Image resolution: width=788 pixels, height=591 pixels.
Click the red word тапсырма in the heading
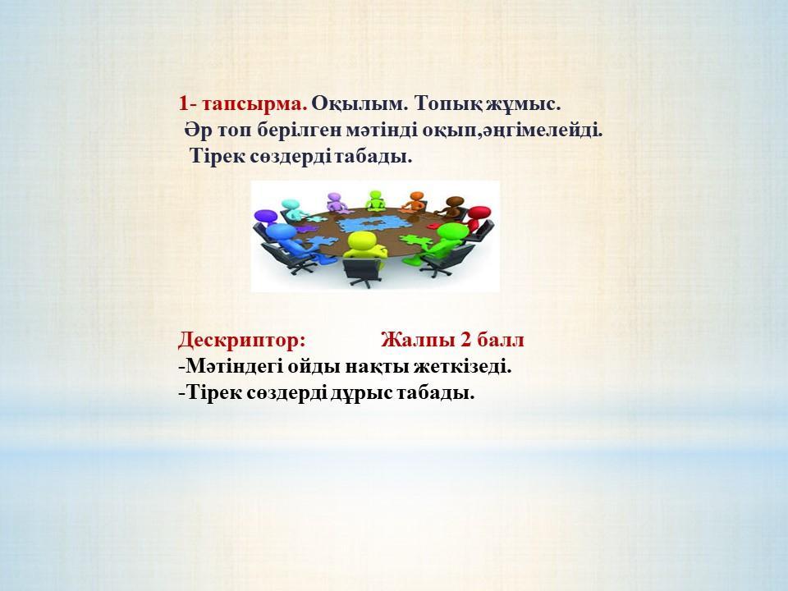pos(255,104)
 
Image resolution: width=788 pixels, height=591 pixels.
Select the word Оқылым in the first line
pos(358,104)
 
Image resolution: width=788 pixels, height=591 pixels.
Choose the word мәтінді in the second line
pos(383,131)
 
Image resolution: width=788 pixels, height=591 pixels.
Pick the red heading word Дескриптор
pos(241,341)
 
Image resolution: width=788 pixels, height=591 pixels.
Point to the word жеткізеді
pos(462,366)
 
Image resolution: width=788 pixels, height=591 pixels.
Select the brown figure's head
pos(455,202)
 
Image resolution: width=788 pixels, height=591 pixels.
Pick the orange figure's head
pos(417,196)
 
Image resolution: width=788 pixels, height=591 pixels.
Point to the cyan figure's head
pos(290,205)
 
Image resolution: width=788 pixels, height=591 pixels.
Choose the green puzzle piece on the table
pos(417,241)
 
